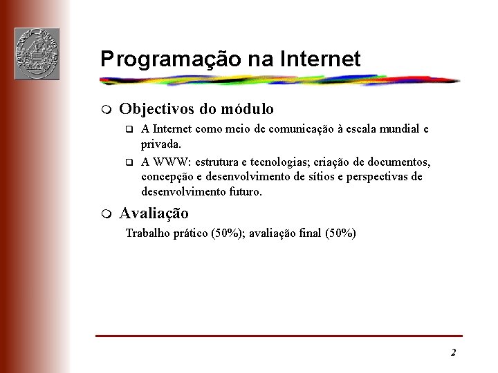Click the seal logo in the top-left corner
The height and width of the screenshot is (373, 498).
37,54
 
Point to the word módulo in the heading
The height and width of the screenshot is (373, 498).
247,109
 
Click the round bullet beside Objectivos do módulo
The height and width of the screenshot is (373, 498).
104,110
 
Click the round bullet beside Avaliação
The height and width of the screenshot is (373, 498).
104,213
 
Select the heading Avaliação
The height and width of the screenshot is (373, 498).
154,213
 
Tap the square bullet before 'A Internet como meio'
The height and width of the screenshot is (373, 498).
127,129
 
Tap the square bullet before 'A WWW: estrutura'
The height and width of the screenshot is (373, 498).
127,163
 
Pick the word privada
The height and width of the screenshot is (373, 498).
160,144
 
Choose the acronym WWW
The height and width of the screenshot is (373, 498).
171,162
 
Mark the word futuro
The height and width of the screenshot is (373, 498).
243,191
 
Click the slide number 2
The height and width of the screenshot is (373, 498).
453,353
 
